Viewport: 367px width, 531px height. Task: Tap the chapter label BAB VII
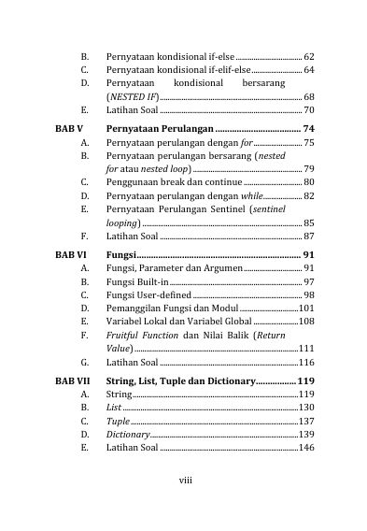73,380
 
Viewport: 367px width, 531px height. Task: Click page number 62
308,57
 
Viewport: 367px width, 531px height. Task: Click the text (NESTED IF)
132,97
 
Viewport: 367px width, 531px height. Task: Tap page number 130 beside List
305,409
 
